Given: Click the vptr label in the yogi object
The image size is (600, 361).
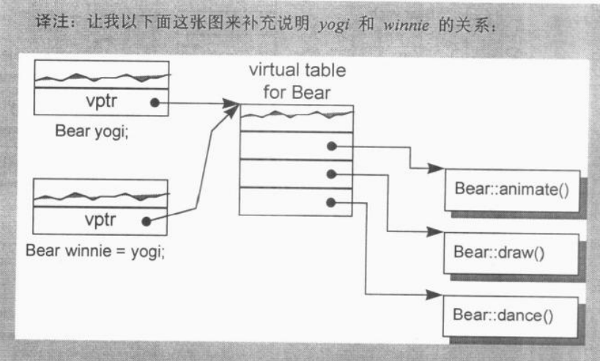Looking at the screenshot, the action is point(102,103).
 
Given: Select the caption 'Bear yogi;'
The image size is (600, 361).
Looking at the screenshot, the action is point(92,133).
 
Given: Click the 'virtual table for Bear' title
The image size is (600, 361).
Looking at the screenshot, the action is point(297,82).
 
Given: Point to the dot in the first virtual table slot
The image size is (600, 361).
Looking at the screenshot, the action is point(332,146).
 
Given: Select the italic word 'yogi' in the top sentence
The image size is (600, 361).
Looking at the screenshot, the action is point(333,26).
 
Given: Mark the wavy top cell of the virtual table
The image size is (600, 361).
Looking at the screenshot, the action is point(297,117).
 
